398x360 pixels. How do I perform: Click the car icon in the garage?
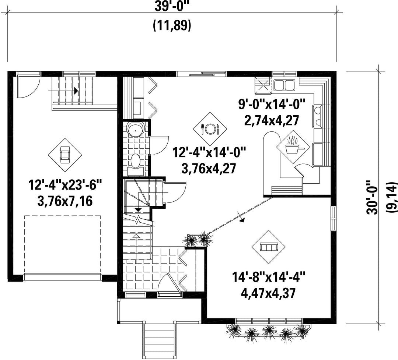click(65, 155)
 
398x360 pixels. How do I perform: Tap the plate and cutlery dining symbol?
click(210, 129)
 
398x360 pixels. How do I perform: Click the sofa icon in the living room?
click(269, 247)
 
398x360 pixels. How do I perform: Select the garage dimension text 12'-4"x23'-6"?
click(65, 185)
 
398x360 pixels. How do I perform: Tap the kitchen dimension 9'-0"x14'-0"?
click(271, 104)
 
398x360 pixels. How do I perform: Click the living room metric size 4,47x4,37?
click(268, 293)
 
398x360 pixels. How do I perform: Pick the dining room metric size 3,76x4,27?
click(209, 168)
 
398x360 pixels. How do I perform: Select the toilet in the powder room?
click(136, 163)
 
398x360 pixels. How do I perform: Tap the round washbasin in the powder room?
click(136, 130)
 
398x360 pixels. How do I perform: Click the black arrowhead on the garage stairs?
click(76, 91)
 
